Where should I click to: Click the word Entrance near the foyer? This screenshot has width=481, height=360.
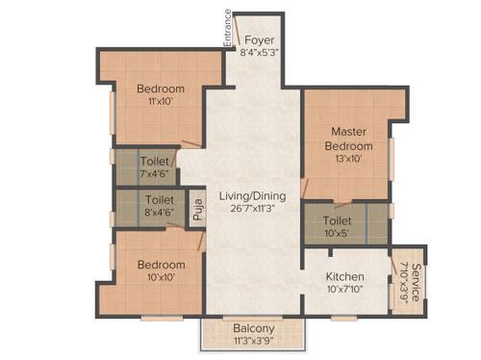click(x=228, y=28)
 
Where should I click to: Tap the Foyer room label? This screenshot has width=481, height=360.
click(x=258, y=40)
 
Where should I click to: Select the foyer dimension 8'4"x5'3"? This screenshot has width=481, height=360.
click(x=258, y=54)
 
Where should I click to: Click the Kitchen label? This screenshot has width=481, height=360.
click(x=343, y=276)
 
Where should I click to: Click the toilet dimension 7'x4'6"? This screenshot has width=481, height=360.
click(x=156, y=174)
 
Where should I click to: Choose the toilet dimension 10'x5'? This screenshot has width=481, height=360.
click(x=337, y=232)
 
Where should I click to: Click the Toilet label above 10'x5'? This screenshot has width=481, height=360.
click(x=337, y=219)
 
